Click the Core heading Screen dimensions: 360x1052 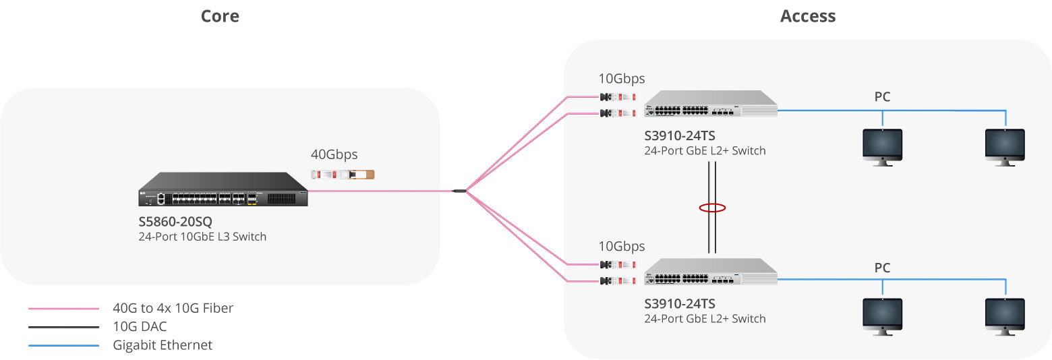pyautogui.click(x=220, y=16)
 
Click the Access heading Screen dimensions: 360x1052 pyautogui.click(x=807, y=16)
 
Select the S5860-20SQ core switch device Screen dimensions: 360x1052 pyautogui.click(x=223, y=189)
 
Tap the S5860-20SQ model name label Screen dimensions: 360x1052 pyautogui.click(x=176, y=221)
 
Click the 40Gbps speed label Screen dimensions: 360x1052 pyautogui.click(x=334, y=154)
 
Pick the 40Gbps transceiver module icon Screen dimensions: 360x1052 pyautogui.click(x=343, y=175)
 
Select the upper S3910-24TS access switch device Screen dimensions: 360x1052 pyautogui.click(x=710, y=104)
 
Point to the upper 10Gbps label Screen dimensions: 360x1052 pyautogui.click(x=622, y=79)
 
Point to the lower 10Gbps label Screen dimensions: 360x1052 pyautogui.click(x=622, y=246)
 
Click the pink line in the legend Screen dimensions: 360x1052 pyautogui.click(x=64, y=309)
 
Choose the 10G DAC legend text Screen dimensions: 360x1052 pyautogui.click(x=140, y=327)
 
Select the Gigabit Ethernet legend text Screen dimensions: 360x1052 pyautogui.click(x=163, y=345)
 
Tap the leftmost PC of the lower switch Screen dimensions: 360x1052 pyautogui.click(x=883, y=313)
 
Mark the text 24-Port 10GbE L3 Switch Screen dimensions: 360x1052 pyautogui.click(x=202, y=237)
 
